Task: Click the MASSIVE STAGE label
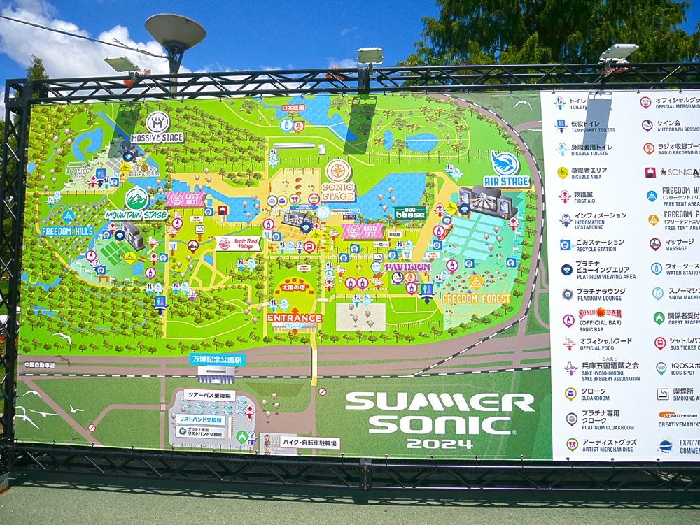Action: point(157,138)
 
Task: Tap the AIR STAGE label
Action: point(506,182)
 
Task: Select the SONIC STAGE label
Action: point(338,192)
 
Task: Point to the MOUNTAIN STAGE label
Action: point(136,215)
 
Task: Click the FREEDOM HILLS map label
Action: point(67,231)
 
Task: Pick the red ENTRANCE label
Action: point(294,318)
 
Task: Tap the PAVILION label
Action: point(407,266)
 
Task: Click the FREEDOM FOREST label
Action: point(475,299)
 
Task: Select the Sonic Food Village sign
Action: point(238,243)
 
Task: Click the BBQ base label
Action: point(410,213)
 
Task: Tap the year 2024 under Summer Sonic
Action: point(439,444)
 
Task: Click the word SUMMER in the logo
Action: point(440,402)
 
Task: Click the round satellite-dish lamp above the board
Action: point(175,31)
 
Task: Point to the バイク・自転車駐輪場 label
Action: point(309,443)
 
